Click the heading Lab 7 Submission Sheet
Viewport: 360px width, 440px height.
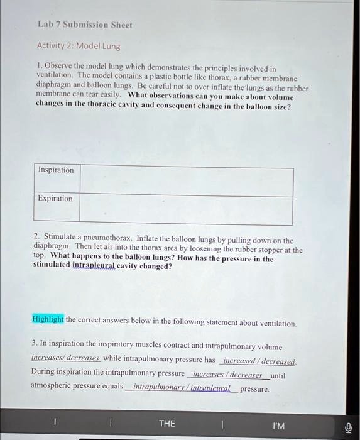point(84,25)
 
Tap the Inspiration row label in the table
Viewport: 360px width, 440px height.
point(56,170)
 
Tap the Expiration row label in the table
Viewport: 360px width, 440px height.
point(55,199)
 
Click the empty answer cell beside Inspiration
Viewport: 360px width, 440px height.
point(186,182)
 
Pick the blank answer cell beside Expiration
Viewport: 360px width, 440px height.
point(186,211)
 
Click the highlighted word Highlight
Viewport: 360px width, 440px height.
point(48,319)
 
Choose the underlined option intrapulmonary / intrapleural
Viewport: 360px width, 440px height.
point(182,388)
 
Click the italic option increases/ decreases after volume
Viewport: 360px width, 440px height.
point(65,358)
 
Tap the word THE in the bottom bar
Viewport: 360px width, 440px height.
point(167,424)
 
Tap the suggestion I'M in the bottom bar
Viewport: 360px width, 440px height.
point(279,426)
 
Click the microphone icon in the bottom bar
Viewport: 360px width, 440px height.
point(349,426)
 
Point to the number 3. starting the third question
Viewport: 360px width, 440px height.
point(35,346)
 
